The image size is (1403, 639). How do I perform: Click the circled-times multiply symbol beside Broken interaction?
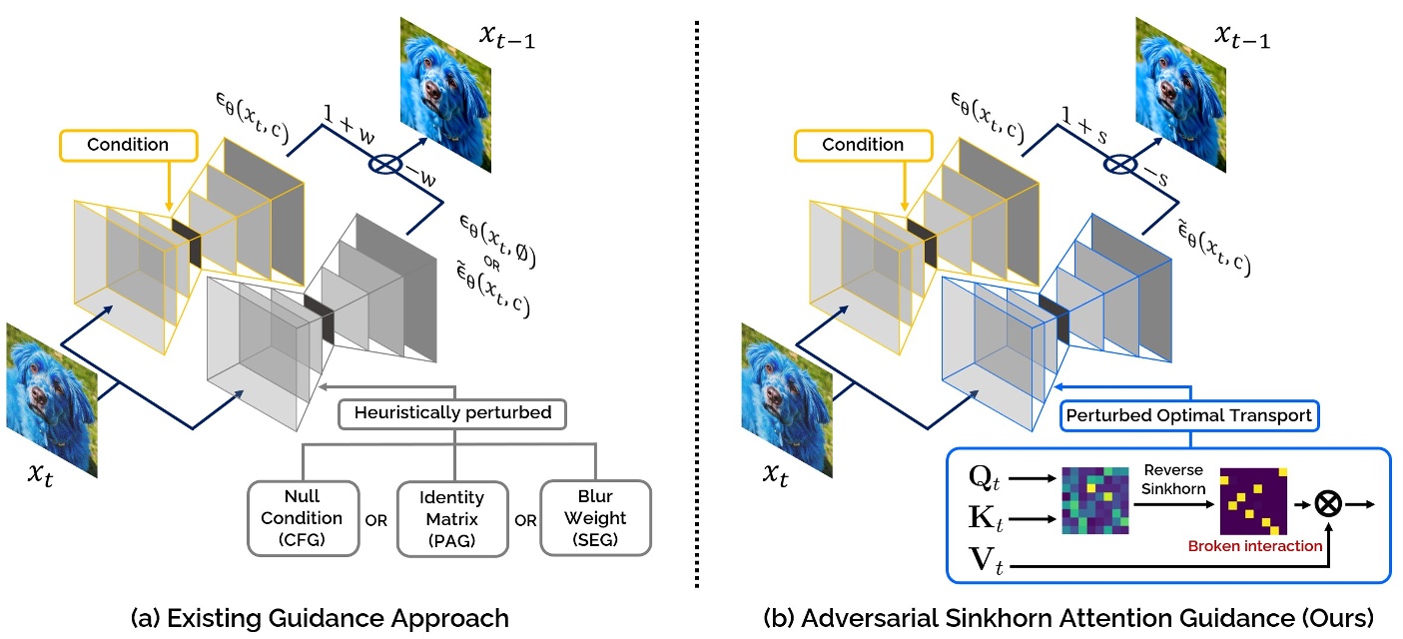[x=1327, y=505]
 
